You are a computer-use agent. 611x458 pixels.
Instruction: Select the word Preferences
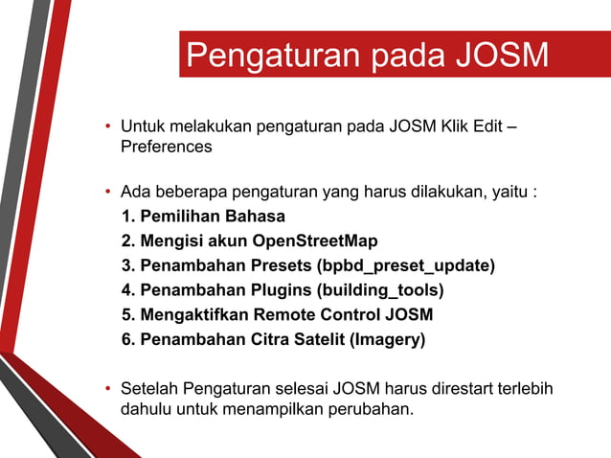(x=166, y=148)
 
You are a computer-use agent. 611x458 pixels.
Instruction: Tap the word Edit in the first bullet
(x=486, y=127)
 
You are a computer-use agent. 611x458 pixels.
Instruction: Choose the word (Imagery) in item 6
(x=388, y=339)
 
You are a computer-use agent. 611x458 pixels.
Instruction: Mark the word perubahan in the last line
(x=366, y=410)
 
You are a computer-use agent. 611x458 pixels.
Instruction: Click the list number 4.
(x=128, y=289)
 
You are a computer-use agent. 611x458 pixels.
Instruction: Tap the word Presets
(x=278, y=264)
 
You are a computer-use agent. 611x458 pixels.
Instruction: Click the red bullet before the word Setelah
(x=108, y=389)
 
